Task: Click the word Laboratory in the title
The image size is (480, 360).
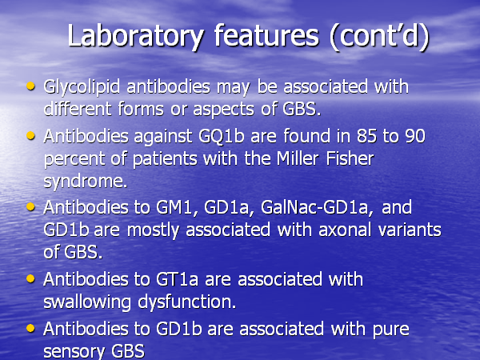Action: (136, 37)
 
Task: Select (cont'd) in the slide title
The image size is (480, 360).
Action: (380, 36)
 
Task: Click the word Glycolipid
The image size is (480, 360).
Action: (82, 87)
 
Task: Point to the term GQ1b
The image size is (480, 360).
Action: (222, 137)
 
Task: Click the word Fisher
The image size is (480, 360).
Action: (350, 158)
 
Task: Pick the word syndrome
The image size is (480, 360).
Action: (85, 182)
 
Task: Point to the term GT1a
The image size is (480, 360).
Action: (177, 279)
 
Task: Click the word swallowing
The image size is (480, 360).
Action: (87, 302)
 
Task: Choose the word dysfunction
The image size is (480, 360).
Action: (186, 302)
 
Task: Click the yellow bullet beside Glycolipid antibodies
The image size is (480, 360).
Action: (30, 86)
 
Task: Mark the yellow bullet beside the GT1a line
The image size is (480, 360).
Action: (30, 278)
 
